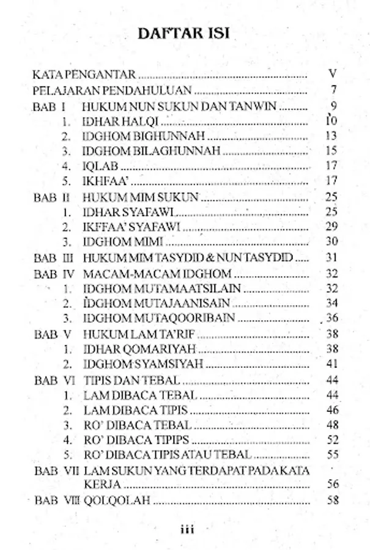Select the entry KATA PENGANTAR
[x=84, y=75]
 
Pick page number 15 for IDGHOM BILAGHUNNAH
[x=332, y=150]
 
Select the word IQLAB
[x=98, y=166]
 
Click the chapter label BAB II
[x=54, y=197]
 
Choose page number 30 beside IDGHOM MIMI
[x=332, y=242]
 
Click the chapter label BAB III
[x=54, y=257]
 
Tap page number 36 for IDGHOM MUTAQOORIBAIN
[x=332, y=318]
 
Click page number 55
[x=333, y=455]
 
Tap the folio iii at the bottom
[x=186, y=530]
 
